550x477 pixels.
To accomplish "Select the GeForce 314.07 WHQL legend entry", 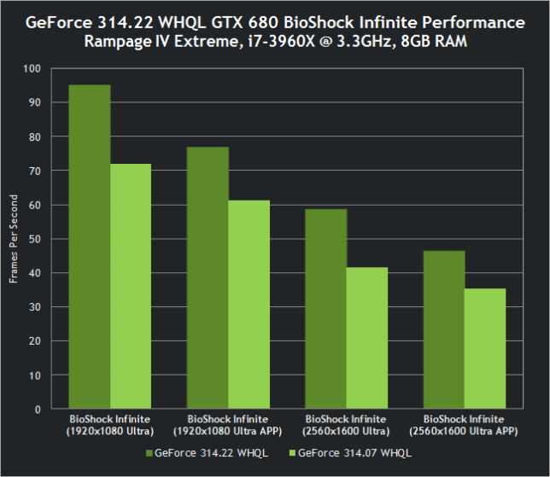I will coord(351,452).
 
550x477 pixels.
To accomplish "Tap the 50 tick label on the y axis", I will coord(35,239).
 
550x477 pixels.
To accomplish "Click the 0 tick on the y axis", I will coord(38,409).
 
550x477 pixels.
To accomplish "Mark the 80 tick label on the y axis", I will coord(35,137).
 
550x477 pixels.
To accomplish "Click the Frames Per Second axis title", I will coord(13,239).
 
